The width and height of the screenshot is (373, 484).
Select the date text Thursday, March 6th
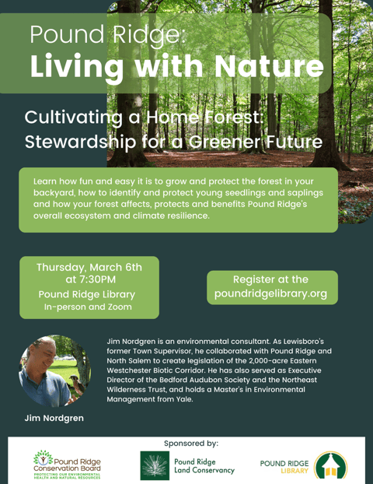[89, 267]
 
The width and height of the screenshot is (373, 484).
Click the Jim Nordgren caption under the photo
[54, 418]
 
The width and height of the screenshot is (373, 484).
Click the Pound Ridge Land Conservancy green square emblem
[154, 465]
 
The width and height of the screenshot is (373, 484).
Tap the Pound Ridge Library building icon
[330, 465]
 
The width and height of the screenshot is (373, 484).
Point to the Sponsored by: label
[191, 443]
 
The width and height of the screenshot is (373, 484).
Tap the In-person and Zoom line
[87, 307]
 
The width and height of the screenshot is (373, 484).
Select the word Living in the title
[75, 65]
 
